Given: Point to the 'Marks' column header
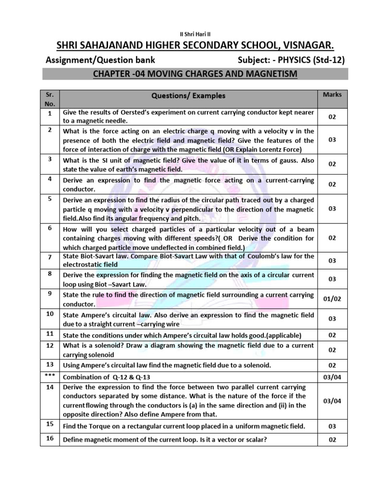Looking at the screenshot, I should (332, 94).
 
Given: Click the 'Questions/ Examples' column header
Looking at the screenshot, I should (188, 96).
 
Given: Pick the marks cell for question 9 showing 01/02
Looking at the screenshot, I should (332, 299).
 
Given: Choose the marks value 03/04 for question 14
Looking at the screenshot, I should (332, 401).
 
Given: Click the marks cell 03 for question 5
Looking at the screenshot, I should (332, 209).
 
